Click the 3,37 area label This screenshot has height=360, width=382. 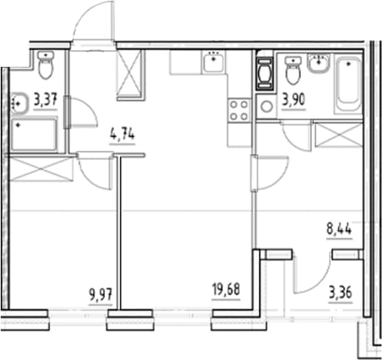coord(45,100)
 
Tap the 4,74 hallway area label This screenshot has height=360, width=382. coord(122,135)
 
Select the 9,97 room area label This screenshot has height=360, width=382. coord(101,295)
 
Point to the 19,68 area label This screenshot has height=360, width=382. coord(226,290)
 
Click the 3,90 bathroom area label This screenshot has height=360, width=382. coord(294,100)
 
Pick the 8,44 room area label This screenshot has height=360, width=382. coord(339,228)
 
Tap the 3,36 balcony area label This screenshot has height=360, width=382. coord(340,293)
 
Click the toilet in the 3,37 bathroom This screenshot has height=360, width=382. coord(45,65)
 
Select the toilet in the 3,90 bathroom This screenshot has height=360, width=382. coord(293,70)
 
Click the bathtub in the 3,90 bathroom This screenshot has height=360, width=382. coord(347,85)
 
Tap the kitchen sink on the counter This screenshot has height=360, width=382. coord(213,62)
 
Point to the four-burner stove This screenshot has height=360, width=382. coord(239,111)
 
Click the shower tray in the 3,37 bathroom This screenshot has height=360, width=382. coord(34,135)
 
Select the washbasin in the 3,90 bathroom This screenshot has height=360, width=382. coord(318,63)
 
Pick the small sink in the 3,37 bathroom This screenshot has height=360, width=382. coord(20,104)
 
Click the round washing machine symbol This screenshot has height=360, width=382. coord(267,106)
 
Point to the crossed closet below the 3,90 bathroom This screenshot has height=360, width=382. coord(339,135)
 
